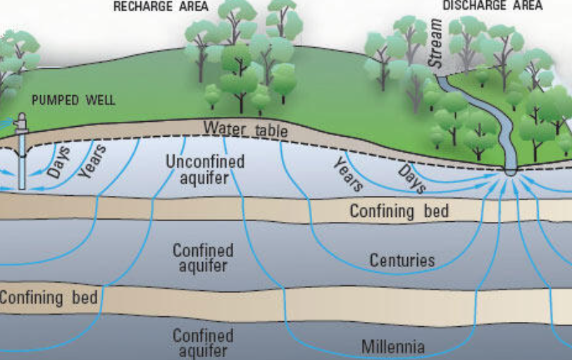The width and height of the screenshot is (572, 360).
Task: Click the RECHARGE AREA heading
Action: [x=161, y=6]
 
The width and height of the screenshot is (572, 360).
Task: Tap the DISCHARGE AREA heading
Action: [x=492, y=6]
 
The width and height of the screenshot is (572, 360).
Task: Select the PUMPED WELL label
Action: [x=74, y=100]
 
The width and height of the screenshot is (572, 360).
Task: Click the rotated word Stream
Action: [x=435, y=44]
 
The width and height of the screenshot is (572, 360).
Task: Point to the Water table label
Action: [x=246, y=130]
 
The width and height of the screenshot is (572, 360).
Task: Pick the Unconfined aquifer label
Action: [x=205, y=170]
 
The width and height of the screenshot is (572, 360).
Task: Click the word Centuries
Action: [x=402, y=260]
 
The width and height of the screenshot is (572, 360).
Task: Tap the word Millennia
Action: [x=393, y=347]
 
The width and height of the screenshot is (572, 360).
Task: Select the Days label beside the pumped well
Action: [x=59, y=162]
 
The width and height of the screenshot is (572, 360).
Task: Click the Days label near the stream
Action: [x=412, y=179]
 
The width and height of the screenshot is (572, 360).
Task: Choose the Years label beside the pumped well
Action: [x=92, y=161]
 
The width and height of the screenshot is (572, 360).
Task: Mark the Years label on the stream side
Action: [x=349, y=174]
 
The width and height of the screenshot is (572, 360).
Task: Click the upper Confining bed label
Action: [x=399, y=211]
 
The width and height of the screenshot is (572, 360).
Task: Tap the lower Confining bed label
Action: [x=49, y=297]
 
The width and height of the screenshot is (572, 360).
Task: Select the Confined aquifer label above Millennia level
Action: [x=203, y=258]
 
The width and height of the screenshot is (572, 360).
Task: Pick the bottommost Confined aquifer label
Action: [x=203, y=343]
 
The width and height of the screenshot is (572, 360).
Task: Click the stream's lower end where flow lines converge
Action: [x=510, y=171]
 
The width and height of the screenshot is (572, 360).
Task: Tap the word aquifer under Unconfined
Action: [x=204, y=178]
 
